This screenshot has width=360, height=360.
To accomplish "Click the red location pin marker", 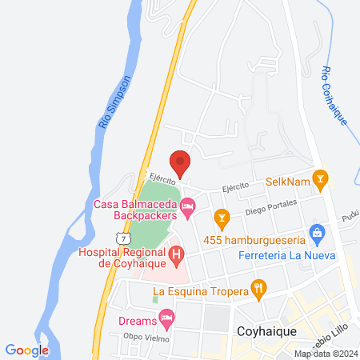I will (x=180, y=162).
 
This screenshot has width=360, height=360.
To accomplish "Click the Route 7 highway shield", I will (x=121, y=238).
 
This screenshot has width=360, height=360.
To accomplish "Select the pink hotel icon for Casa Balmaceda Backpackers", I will (x=188, y=208).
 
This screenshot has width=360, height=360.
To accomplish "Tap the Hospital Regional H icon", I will (x=178, y=256).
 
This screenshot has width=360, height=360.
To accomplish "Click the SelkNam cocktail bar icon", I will (x=321, y=179).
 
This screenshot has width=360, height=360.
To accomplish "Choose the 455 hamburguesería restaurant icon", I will (x=222, y=216).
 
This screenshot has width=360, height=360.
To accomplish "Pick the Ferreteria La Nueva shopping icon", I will (x=318, y=235).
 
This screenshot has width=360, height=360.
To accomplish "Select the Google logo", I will (x=27, y=350).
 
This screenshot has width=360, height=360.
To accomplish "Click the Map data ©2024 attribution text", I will (x=325, y=354).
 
